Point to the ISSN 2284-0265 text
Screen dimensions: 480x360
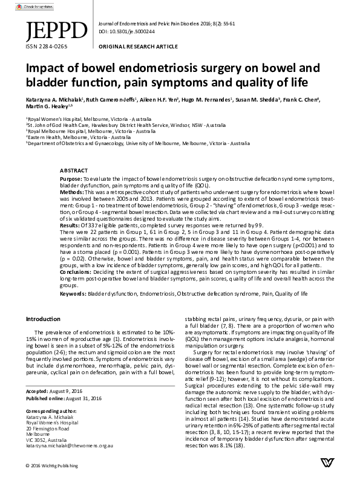pyautogui.click(x=42, y=45)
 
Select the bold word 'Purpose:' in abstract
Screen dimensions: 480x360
pyautogui.click(x=71, y=180)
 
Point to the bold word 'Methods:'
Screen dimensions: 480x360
pyautogui.click(x=71, y=190)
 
